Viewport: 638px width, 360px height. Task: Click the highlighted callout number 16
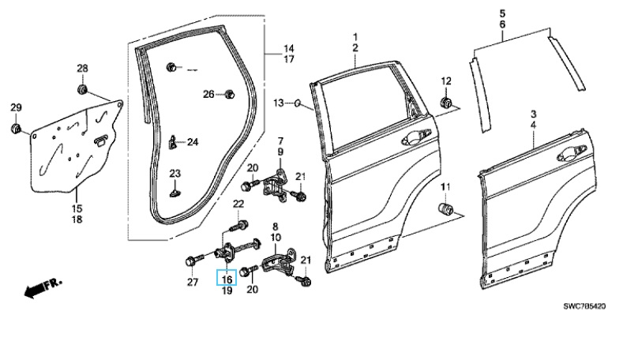pyautogui.click(x=227, y=279)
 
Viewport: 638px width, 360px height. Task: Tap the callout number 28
pyautogui.click(x=83, y=69)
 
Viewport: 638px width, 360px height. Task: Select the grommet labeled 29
pyautogui.click(x=16, y=128)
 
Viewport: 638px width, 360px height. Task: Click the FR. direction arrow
pyautogui.click(x=43, y=287)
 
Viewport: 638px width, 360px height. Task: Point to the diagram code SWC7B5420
pyautogui.click(x=584, y=306)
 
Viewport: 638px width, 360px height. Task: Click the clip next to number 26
pyautogui.click(x=229, y=94)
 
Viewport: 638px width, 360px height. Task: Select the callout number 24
pyautogui.click(x=193, y=142)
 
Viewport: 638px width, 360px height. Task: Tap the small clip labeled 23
pyautogui.click(x=175, y=191)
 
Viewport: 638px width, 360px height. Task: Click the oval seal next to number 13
pyautogui.click(x=298, y=103)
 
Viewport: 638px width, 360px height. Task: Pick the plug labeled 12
pyautogui.click(x=445, y=102)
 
